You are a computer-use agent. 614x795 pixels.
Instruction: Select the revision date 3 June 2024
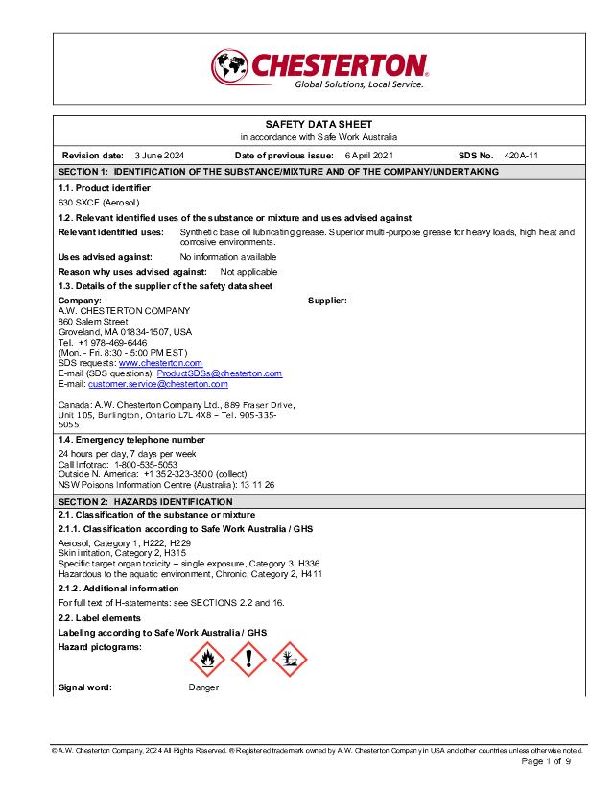(x=159, y=155)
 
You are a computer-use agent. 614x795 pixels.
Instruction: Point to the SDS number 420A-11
(x=521, y=155)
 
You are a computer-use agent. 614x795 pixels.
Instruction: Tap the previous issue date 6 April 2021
(x=368, y=155)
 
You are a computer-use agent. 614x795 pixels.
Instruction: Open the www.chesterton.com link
(x=160, y=363)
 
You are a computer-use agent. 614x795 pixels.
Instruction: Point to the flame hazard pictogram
(x=207, y=659)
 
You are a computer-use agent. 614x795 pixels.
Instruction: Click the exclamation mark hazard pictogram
(x=248, y=659)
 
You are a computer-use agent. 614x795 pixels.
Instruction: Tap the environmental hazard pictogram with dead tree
(x=289, y=659)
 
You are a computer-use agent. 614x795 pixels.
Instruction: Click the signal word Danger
(x=203, y=687)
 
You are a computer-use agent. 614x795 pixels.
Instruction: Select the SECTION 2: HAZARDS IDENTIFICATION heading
(x=145, y=502)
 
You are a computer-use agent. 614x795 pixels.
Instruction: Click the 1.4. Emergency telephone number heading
(x=131, y=440)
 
